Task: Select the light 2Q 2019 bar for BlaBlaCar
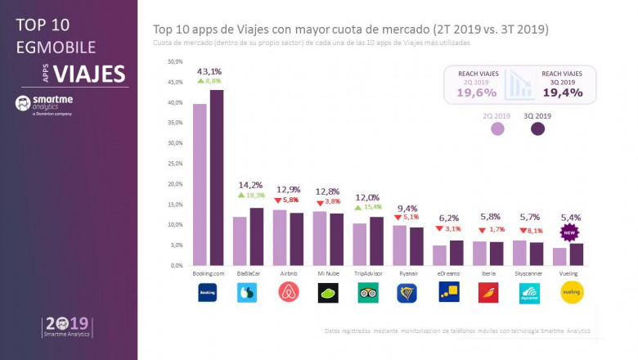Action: pyautogui.click(x=240, y=241)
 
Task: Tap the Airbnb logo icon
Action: pyautogui.click(x=287, y=292)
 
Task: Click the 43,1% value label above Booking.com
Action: pyautogui.click(x=209, y=72)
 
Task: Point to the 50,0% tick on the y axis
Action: pyautogui.click(x=174, y=61)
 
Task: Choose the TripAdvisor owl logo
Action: pyautogui.click(x=367, y=292)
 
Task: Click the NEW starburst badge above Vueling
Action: pyautogui.click(x=568, y=232)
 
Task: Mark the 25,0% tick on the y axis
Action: pyautogui.click(x=174, y=164)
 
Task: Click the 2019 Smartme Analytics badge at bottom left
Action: pyautogui.click(x=68, y=326)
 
